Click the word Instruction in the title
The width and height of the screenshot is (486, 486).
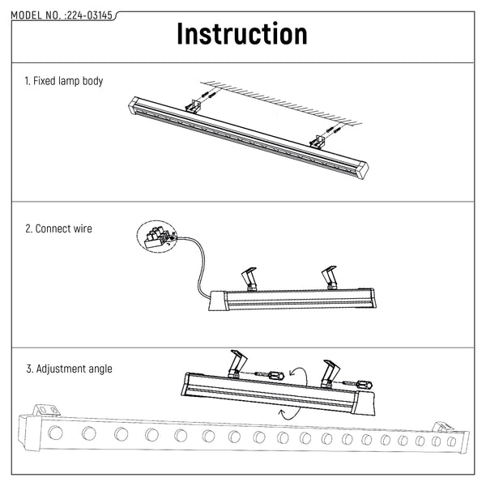click(242, 35)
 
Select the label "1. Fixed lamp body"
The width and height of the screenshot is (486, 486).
click(64, 82)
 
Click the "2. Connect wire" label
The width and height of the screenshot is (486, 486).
click(58, 228)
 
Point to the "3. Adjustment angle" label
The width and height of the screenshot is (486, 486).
click(69, 369)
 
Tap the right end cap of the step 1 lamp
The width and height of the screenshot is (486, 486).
click(362, 169)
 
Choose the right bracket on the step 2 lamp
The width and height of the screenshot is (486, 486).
click(330, 277)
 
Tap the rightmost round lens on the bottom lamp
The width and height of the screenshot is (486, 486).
click(451, 441)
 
